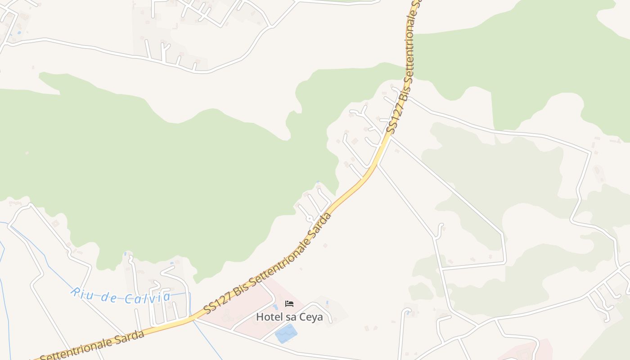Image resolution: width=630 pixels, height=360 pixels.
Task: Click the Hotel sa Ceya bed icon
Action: pos(289,304)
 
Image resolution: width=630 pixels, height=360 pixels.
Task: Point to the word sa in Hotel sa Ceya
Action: pos(291,317)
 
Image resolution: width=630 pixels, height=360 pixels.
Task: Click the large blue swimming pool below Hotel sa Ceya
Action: pos(286,333)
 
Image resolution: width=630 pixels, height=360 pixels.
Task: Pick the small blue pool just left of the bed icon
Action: pos(275,307)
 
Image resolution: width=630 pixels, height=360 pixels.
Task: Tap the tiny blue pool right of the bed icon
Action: pos(327,302)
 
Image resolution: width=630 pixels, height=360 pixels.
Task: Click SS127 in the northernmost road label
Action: pos(392,120)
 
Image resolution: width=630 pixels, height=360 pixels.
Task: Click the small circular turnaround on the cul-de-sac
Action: pos(309,218)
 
